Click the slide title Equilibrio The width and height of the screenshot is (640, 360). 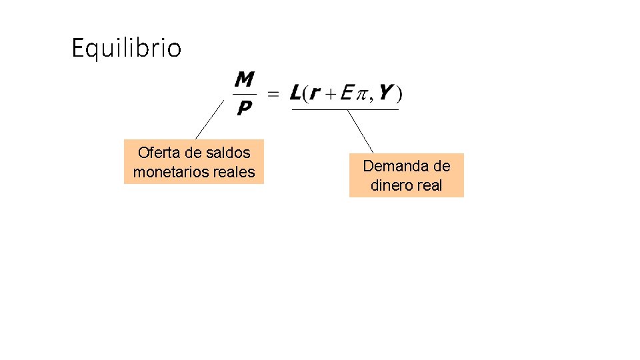pos(126,48)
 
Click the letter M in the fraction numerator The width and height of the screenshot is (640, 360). pos(245,81)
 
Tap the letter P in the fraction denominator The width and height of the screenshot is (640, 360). pos(245,107)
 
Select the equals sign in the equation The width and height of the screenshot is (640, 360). pos(273,95)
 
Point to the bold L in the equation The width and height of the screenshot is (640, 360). pos(296,93)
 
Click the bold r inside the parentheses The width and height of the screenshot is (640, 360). pos(315,95)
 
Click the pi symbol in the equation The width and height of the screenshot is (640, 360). pos(361,95)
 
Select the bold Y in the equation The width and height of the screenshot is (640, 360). pos(385,93)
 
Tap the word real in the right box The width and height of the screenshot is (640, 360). pos(429,185)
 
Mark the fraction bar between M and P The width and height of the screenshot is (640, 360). pos(245,94)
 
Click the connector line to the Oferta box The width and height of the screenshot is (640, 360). pos(209,121)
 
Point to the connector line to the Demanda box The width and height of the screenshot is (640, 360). pos(361,131)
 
